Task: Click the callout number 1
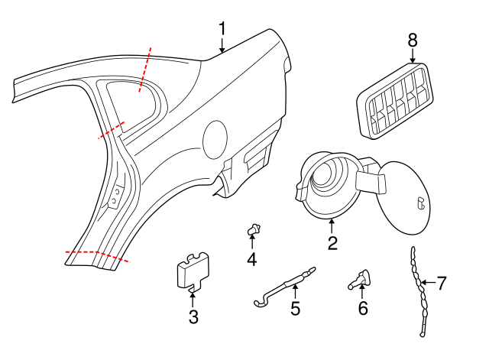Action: pyautogui.click(x=222, y=29)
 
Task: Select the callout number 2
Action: pyautogui.click(x=332, y=243)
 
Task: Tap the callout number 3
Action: pyautogui.click(x=193, y=316)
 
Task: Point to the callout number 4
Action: pyautogui.click(x=251, y=260)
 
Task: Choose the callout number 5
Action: pyautogui.click(x=295, y=309)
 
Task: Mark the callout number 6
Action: pyautogui.click(x=363, y=308)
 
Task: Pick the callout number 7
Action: pyautogui.click(x=441, y=284)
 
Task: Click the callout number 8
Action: pyautogui.click(x=413, y=39)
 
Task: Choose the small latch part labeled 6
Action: pyautogui.click(x=361, y=279)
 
